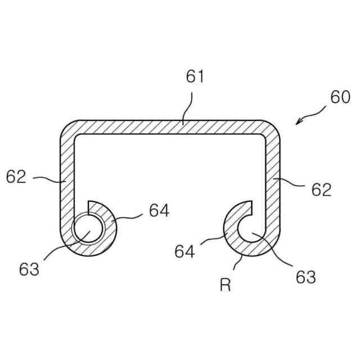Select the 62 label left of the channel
coord(16,177)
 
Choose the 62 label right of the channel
coord(321,190)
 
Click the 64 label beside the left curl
coord(159,210)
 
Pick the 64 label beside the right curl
coord(184,251)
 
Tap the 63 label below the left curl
coord(29,269)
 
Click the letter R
coord(225,286)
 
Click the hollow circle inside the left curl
coord(84,230)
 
